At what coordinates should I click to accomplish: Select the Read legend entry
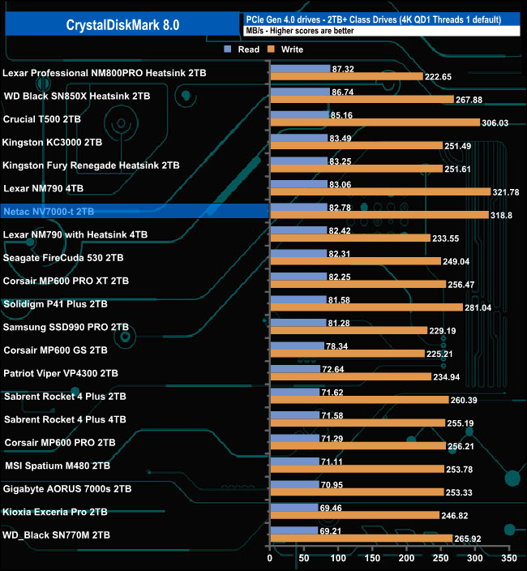pyautogui.click(x=242, y=49)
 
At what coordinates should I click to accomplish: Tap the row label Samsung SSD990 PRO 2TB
pyautogui.click(x=66, y=327)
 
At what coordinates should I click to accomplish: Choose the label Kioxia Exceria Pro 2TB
pyautogui.click(x=56, y=512)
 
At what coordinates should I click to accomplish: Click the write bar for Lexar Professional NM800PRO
pyautogui.click(x=345, y=76)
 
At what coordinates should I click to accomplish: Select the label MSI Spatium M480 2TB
pyautogui.click(x=58, y=466)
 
